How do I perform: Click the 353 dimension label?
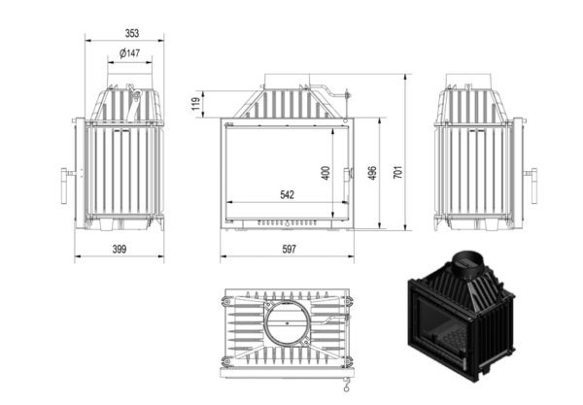[132, 33]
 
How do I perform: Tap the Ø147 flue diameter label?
[130, 53]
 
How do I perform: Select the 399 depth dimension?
[120, 249]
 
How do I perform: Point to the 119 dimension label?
[196, 104]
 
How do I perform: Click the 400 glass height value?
[326, 173]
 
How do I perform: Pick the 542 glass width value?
[287, 194]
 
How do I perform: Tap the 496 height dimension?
[372, 173]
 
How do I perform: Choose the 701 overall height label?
[397, 172]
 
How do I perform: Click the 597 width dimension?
[289, 249]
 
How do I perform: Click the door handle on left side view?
[64, 186]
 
